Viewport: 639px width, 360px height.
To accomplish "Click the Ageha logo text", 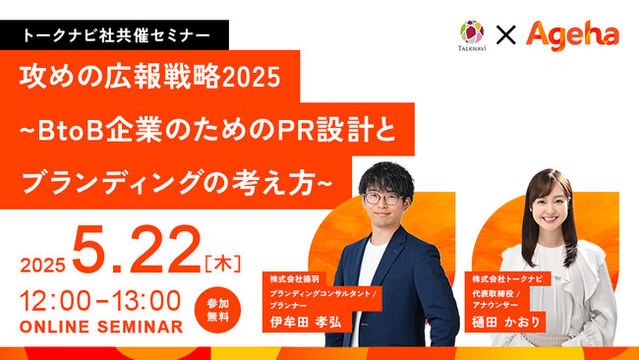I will click(x=573, y=34).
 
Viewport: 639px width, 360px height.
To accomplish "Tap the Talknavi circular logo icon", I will click(x=472, y=30).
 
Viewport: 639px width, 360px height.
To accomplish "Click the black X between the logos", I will click(x=506, y=35).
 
